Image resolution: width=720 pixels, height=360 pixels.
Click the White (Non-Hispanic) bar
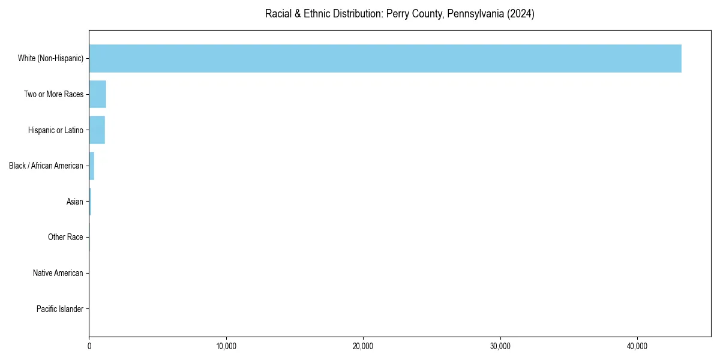pos(385,59)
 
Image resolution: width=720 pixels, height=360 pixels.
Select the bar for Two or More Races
pos(98,94)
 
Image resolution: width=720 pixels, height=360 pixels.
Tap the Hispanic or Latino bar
pos(97,130)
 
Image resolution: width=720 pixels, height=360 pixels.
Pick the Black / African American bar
pos(92,166)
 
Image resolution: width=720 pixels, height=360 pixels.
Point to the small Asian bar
pos(90,202)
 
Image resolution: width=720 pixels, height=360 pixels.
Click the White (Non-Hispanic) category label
pos(50,59)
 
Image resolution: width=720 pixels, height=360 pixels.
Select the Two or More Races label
pos(53,94)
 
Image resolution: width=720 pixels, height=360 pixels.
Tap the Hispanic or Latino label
pos(55,130)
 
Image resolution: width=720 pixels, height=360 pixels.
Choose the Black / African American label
pos(46,166)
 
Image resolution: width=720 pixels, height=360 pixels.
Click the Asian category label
pos(75,202)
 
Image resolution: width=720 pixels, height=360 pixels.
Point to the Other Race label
pos(65,238)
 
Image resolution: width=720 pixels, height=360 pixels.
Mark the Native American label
pos(58,273)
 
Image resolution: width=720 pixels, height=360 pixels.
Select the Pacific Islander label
pos(60,309)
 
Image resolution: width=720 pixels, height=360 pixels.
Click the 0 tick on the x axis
pos(89,346)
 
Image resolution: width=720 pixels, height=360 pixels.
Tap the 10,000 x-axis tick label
pos(226,346)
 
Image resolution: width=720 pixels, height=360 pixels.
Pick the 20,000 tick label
pos(363,346)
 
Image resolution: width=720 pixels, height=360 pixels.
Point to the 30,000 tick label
pos(500,346)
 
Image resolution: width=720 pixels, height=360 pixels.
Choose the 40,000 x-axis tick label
pos(637,346)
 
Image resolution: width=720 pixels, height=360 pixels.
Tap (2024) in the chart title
pos(521,14)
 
